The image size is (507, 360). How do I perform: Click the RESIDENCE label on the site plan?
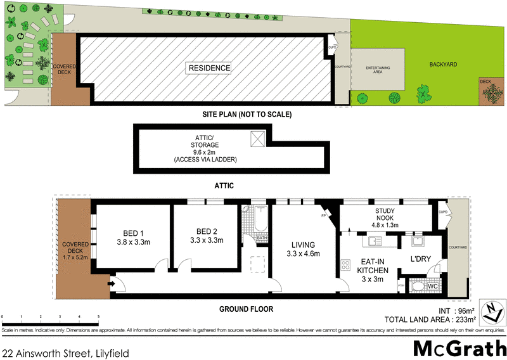[209, 68]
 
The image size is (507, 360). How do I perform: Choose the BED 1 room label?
[133, 236]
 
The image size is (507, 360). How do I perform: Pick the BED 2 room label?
[207, 236]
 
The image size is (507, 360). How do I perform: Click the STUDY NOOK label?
[385, 216]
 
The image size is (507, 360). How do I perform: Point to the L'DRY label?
[421, 260]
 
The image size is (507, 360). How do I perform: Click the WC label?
[433, 286]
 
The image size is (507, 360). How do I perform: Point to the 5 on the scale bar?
[98, 316]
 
